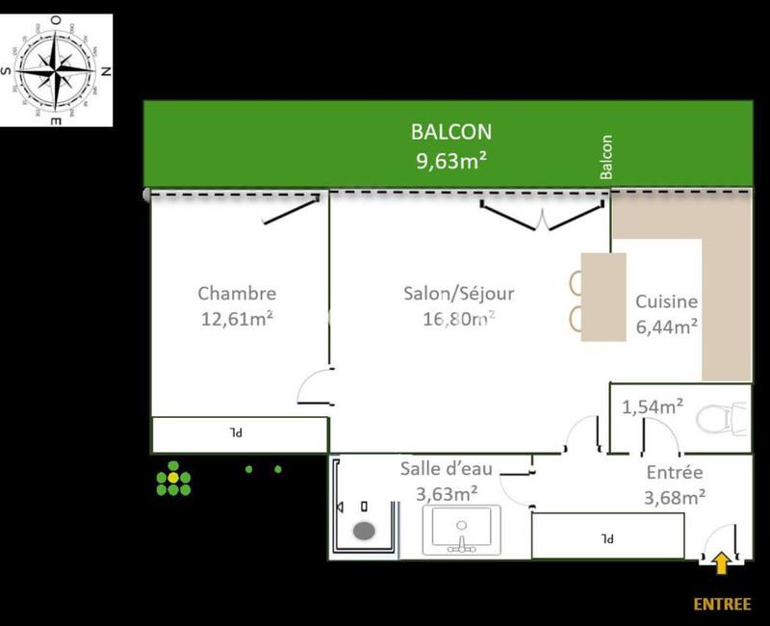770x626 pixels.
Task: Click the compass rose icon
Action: pyautogui.click(x=58, y=70)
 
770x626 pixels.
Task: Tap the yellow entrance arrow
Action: pyautogui.click(x=719, y=561)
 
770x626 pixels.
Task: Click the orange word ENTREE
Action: pyautogui.click(x=722, y=604)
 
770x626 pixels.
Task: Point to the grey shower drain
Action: pyautogui.click(x=365, y=530)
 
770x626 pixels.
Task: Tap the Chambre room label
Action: pyautogui.click(x=237, y=294)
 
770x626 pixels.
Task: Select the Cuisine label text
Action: pyautogui.click(x=666, y=301)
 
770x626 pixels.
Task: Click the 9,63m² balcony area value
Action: pyautogui.click(x=450, y=161)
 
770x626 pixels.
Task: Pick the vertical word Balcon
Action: pyautogui.click(x=606, y=156)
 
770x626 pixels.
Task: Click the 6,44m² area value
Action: pyautogui.click(x=666, y=326)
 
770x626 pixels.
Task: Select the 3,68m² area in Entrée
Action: pyautogui.click(x=674, y=497)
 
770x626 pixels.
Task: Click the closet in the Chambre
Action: pyautogui.click(x=240, y=434)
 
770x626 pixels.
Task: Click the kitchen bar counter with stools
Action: pyautogui.click(x=603, y=297)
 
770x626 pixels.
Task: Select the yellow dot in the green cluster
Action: pyautogui.click(x=173, y=478)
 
